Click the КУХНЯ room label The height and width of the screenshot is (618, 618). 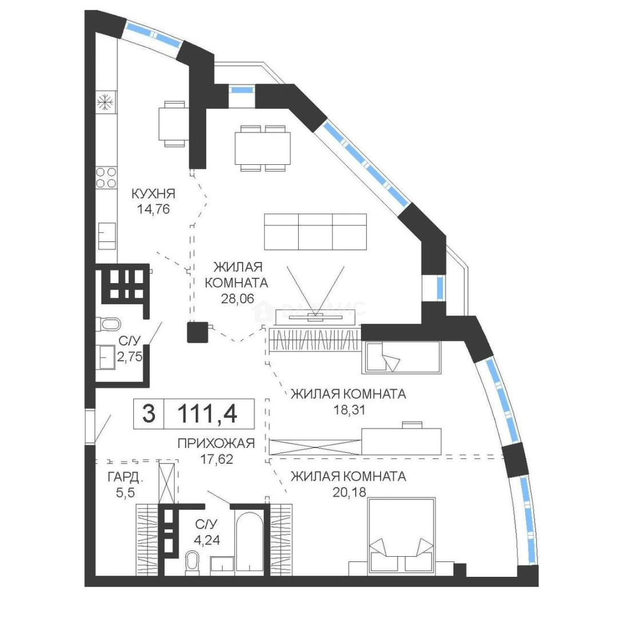pos(153,193)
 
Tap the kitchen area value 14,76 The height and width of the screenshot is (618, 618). pos(153,209)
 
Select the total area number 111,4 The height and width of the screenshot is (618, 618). pos(207,414)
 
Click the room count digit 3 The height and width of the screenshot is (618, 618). pos(149,414)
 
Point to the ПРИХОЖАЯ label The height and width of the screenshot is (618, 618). pos(216,443)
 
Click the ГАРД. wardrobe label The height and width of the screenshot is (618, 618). pos(125,478)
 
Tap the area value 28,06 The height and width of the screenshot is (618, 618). pos(237,299)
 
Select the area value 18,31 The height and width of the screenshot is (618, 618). pos(349,410)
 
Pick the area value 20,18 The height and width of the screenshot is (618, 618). pos(349,492)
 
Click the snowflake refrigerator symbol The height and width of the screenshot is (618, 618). pos(106,102)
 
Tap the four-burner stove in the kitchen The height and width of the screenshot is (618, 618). pos(106,177)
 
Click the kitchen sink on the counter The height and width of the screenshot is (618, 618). pos(106,236)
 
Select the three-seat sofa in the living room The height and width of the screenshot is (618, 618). pos(315,232)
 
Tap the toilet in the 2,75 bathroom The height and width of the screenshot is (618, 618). pos(108,325)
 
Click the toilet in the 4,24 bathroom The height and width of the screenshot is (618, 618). pos(192,561)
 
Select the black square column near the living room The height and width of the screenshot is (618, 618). pos(197,332)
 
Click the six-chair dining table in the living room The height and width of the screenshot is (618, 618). pos(262,148)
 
